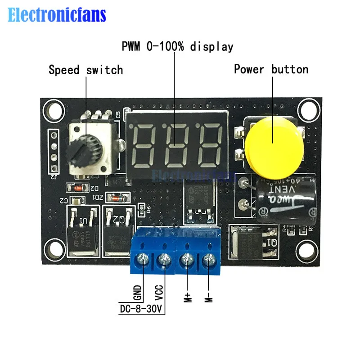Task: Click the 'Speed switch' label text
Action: click(85, 70)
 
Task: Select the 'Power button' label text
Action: click(271, 69)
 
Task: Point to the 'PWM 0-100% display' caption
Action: click(178, 46)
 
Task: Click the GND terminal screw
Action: click(143, 260)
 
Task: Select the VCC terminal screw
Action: click(164, 260)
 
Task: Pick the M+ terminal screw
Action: click(187, 260)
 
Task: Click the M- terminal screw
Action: click(208, 260)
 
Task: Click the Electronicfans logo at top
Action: click(57, 15)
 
